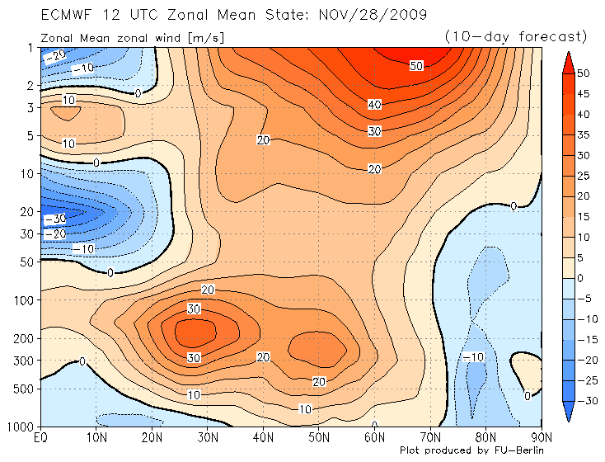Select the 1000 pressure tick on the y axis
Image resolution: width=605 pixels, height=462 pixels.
pos(19,426)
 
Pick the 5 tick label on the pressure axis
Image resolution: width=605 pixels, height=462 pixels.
pos(28,135)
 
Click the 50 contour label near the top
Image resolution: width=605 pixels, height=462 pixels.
pos(416,66)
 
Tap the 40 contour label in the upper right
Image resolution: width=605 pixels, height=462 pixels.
pos(375,104)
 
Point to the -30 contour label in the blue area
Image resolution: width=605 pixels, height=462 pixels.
pos(54,219)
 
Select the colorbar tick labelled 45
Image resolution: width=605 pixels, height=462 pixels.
pos(583,93)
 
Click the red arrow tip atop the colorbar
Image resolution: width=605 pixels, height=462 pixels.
pos(567,59)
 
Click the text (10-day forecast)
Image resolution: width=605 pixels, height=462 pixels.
pos(515,36)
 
